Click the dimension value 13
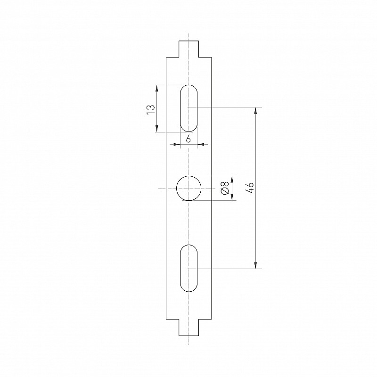[151, 110]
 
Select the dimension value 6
[188, 139]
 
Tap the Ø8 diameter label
[225, 188]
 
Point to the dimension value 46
[250, 188]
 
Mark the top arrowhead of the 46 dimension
[255, 111]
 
